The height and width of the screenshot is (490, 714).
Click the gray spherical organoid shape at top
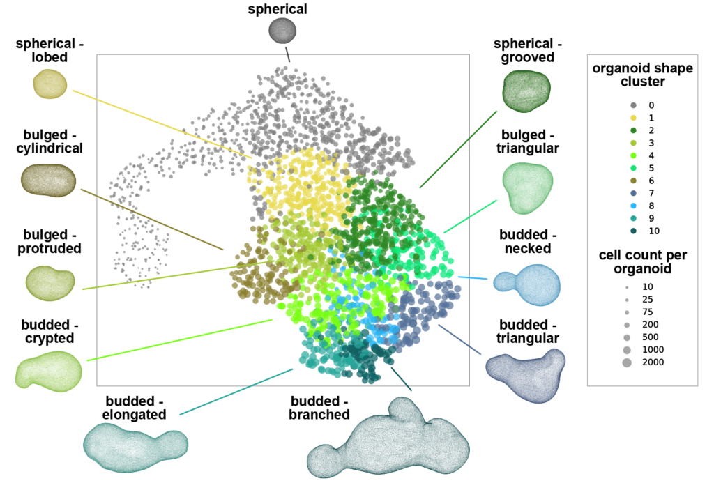pyautogui.click(x=282, y=31)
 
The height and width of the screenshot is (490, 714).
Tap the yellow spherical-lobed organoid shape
pyautogui.click(x=50, y=84)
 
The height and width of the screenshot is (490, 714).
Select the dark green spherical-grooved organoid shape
pyautogui.click(x=526, y=91)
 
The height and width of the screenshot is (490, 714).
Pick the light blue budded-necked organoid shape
pyautogui.click(x=527, y=284)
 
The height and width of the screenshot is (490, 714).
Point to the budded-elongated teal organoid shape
pyautogui.click(x=135, y=447)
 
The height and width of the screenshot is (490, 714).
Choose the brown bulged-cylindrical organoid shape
pyautogui.click(x=49, y=181)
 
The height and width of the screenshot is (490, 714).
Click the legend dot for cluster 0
pyautogui.click(x=633, y=105)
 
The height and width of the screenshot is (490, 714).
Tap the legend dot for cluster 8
pyautogui.click(x=633, y=206)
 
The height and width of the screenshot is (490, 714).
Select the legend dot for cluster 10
pyautogui.click(x=633, y=231)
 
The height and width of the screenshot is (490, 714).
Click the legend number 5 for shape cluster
pyautogui.click(x=651, y=168)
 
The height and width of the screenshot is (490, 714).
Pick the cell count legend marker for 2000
pyautogui.click(x=627, y=362)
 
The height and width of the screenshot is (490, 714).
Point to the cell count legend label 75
pyautogui.click(x=648, y=312)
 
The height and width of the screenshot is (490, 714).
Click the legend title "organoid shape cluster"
pyautogui.click(x=642, y=75)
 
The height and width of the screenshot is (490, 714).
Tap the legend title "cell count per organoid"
pyautogui.click(x=642, y=261)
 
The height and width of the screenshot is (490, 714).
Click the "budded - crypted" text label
pyautogui.click(x=50, y=331)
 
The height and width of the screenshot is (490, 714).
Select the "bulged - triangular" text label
pyautogui.click(x=528, y=141)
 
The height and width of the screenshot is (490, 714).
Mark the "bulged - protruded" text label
pyautogui.click(x=50, y=241)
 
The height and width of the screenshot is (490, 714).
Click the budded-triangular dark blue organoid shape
pyautogui.click(x=526, y=376)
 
